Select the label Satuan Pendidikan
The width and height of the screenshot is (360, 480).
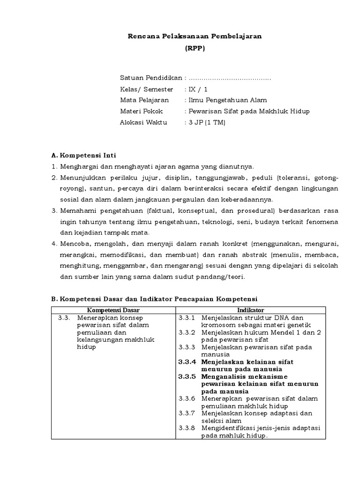click(x=151, y=78)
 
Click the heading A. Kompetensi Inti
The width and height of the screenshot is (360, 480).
click(x=83, y=155)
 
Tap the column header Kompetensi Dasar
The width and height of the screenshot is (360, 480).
click(x=113, y=310)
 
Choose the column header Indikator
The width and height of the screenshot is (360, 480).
click(x=250, y=310)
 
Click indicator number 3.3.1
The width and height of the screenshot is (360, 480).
click(x=187, y=318)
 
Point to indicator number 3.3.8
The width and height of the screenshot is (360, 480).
click(x=187, y=427)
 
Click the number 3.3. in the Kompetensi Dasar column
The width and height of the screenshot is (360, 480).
click(x=64, y=318)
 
